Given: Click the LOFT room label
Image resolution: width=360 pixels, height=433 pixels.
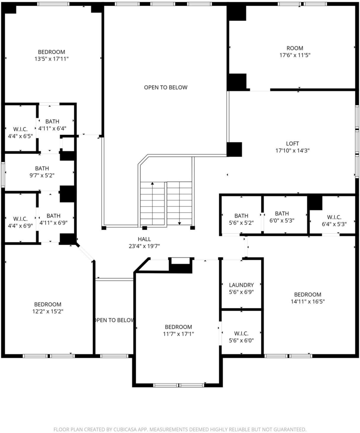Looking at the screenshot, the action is coord(292,144).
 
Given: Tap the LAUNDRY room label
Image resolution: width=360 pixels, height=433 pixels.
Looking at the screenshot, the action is coord(241,285).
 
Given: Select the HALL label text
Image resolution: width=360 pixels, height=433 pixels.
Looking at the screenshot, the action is coord(144,239).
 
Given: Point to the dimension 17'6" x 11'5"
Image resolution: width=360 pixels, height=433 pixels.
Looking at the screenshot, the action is coord(295,55).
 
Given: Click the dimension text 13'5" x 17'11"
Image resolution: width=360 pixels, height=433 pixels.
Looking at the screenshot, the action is coord(51,59).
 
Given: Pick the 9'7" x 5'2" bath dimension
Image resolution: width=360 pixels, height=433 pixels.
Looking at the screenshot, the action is coord(42,175).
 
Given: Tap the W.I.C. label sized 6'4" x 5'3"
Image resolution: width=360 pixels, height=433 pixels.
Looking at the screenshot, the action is coord(334,217).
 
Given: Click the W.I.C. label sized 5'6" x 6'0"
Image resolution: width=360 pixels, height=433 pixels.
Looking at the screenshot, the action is coord(241,334).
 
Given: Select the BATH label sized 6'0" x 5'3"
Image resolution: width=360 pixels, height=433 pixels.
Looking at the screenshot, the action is coord(282,214).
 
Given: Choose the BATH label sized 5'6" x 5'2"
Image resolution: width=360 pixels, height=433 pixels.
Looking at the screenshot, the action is coord(241,216).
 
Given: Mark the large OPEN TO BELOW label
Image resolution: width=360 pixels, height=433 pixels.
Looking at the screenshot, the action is coord(166,88).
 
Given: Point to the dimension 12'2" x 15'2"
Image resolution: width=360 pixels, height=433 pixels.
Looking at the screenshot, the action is coord(47,312).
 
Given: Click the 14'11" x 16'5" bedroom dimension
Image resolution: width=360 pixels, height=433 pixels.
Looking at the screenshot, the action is coord(308,301).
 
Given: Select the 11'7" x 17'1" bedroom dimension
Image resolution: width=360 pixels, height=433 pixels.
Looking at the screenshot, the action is coord(178,334).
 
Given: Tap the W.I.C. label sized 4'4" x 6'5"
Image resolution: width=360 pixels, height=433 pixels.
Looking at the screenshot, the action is coord(20,129).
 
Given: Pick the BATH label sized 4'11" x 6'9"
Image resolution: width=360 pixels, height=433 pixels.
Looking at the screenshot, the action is coord(53,216).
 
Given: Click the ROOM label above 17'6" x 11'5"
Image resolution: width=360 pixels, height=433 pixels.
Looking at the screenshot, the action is coord(295,48).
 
